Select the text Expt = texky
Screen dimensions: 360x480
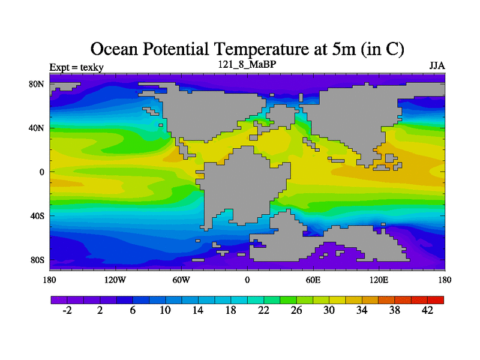point(76,67)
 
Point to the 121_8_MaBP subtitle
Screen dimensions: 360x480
point(247,64)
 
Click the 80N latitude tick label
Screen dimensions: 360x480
point(37,84)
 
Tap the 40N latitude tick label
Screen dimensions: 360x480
point(37,128)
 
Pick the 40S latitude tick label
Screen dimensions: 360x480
point(37,215)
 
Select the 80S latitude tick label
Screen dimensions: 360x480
point(37,260)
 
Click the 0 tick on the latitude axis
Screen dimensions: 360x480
point(42,172)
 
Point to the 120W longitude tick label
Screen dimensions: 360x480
point(115,280)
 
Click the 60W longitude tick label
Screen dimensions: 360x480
point(181,280)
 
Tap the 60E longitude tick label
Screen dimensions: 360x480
point(313,280)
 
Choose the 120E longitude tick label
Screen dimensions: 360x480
point(379,280)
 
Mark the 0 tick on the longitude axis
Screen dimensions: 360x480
point(247,280)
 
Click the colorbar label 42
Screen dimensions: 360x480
point(427,310)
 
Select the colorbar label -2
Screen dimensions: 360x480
point(67,310)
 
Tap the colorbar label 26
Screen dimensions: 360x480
point(296,310)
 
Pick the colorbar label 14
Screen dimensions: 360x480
point(197,310)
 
